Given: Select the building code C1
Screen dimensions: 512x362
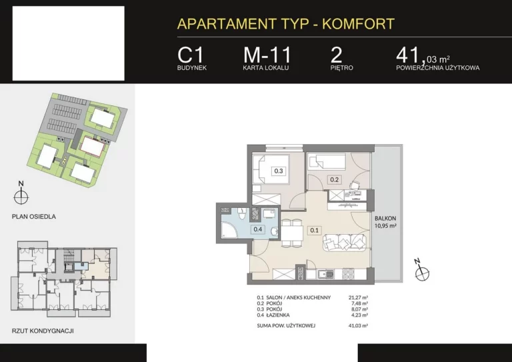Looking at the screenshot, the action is [x=191, y=55].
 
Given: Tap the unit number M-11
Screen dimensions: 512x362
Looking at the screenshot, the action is [x=267, y=55].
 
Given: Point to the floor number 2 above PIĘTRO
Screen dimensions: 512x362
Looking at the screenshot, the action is [x=336, y=55].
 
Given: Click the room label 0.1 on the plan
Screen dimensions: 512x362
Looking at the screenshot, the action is [x=314, y=230].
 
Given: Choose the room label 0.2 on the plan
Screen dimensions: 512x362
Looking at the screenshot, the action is [x=334, y=179].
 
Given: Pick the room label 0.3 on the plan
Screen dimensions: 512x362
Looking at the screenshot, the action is [x=279, y=171].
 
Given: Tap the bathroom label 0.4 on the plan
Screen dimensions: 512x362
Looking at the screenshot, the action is [x=258, y=229].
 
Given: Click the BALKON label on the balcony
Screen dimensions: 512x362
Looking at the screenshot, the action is [x=385, y=219].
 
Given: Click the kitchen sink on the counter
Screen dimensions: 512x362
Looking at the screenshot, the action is [x=325, y=274].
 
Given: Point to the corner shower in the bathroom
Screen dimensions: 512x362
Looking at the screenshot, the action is [x=229, y=230].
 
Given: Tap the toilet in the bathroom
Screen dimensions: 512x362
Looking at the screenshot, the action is [x=241, y=213].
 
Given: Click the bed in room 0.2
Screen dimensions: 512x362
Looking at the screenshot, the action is [x=327, y=161].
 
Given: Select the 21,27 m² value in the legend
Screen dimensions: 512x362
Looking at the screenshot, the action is [x=358, y=297].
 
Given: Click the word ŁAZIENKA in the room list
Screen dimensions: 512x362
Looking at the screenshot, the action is [x=277, y=315].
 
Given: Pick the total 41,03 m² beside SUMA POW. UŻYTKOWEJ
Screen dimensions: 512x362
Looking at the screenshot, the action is [x=358, y=325].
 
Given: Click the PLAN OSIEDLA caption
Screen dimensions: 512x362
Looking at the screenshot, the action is [x=33, y=217].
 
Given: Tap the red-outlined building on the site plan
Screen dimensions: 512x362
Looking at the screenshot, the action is [x=93, y=146].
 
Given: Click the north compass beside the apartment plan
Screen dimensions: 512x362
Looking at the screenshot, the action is [x=421, y=271].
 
